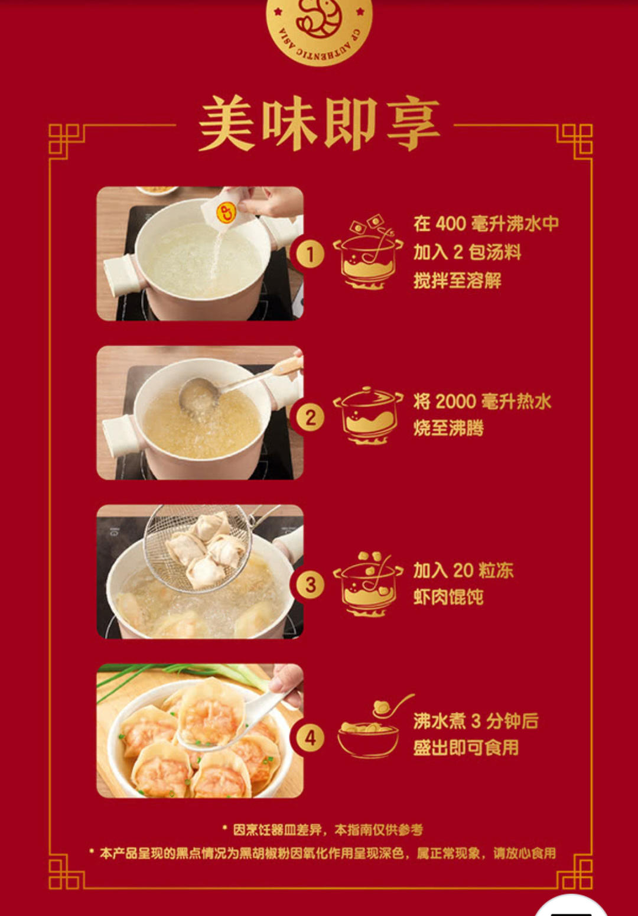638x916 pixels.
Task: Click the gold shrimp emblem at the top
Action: point(319,28)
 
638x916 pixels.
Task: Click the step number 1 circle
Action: point(310,254)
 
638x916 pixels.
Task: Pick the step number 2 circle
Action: point(310,418)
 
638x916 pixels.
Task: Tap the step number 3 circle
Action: point(310,585)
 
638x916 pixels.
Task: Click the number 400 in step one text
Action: point(451,224)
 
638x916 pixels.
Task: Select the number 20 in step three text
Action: point(463,570)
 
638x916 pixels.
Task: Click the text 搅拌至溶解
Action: point(457,281)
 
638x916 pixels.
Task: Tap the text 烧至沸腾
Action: point(448,428)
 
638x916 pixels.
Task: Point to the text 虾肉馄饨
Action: point(448,597)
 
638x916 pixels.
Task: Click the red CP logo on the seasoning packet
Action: point(226,213)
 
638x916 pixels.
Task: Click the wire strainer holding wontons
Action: point(198,548)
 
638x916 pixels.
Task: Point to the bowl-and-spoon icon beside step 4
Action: point(373,726)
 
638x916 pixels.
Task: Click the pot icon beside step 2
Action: point(368,415)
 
